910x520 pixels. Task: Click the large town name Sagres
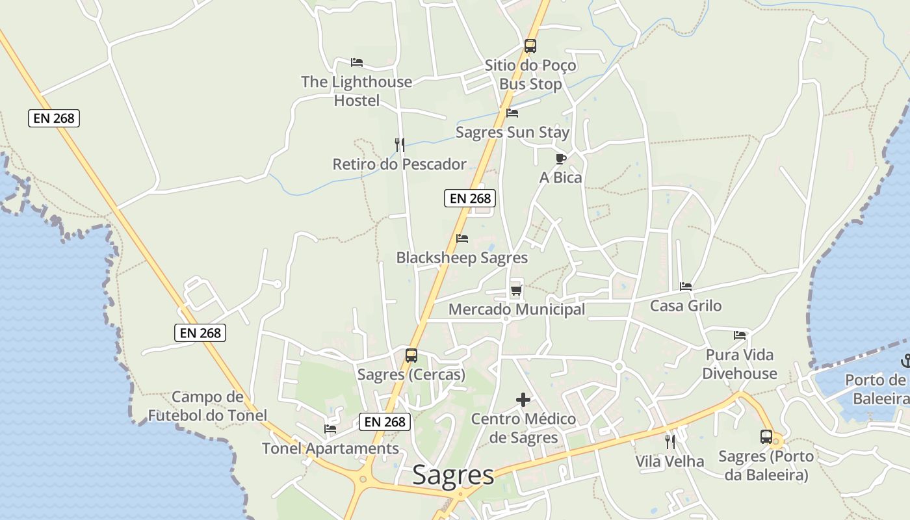click(x=453, y=475)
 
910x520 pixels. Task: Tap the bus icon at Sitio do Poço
click(x=530, y=46)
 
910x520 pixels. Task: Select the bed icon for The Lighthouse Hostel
click(x=356, y=62)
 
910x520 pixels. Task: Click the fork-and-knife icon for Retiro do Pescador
click(x=400, y=144)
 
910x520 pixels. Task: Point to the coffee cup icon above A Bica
click(x=561, y=158)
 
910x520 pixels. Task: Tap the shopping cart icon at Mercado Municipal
click(x=516, y=290)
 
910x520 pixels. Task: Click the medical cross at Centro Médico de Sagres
click(x=523, y=400)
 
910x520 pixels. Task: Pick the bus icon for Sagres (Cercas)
click(x=411, y=356)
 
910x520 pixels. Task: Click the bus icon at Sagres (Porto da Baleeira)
click(x=766, y=437)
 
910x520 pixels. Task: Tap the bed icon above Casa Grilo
click(x=686, y=286)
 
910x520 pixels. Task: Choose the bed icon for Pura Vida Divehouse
click(x=740, y=335)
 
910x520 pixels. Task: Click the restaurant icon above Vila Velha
click(x=670, y=442)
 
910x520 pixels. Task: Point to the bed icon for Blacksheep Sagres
click(x=462, y=239)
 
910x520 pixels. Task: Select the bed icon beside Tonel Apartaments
click(x=330, y=429)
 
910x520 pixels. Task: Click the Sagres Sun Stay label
click(x=512, y=133)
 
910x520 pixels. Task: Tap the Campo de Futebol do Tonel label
click(x=207, y=406)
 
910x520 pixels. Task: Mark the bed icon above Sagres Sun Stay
click(x=512, y=112)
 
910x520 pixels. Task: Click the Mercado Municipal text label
click(x=517, y=309)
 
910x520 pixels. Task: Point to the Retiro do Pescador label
click(x=399, y=164)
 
